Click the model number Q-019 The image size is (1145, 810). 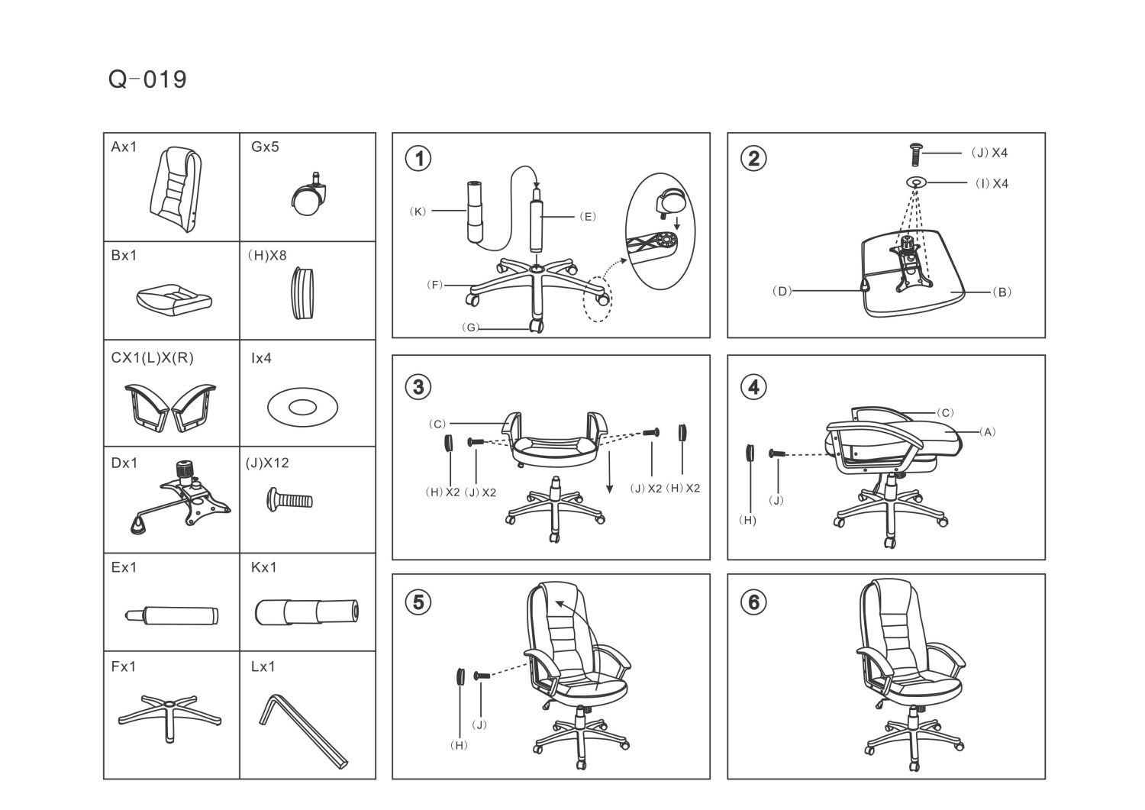(147, 79)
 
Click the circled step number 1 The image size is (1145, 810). (418, 159)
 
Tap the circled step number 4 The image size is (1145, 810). (753, 387)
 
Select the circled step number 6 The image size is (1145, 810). (753, 602)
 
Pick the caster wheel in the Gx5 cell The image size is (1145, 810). (308, 195)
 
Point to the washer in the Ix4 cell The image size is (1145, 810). (302, 407)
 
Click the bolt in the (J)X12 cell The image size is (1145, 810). (289, 499)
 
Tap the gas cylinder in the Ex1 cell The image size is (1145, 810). (171, 615)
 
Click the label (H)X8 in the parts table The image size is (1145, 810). (267, 255)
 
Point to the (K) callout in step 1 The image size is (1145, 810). (418, 211)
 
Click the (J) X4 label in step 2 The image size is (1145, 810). (989, 153)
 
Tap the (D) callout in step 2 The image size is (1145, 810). (782, 292)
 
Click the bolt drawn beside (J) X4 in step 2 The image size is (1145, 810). (916, 155)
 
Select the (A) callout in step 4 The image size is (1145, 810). (988, 432)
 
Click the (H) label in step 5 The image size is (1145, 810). (459, 746)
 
